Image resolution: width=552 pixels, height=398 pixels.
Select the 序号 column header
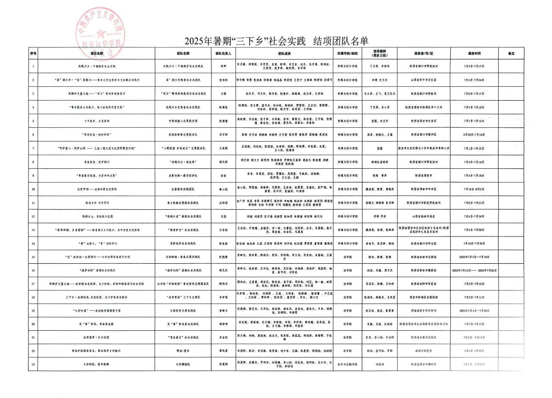pos(33,54)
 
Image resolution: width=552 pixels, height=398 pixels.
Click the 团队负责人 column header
pos(223,54)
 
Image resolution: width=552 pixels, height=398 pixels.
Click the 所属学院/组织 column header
pos(348,54)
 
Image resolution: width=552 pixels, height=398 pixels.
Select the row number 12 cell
pos(33,216)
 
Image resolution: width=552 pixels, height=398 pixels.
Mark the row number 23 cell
pos(33,364)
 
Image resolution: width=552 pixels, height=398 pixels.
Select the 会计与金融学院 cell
pos(348,364)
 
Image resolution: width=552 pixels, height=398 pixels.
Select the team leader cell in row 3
pos(223,94)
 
